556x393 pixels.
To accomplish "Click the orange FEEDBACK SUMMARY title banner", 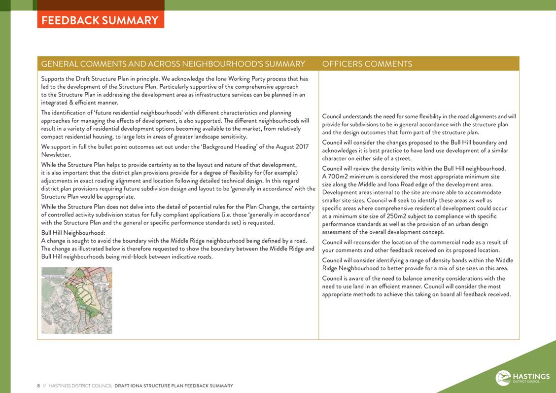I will click(x=100, y=20).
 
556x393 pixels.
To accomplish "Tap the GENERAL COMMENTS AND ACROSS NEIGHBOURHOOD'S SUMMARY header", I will click(x=173, y=64).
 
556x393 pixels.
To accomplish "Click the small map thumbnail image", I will click(x=76, y=300).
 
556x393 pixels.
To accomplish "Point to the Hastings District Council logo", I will click(x=522, y=378).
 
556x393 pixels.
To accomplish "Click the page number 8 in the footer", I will click(x=38, y=386).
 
